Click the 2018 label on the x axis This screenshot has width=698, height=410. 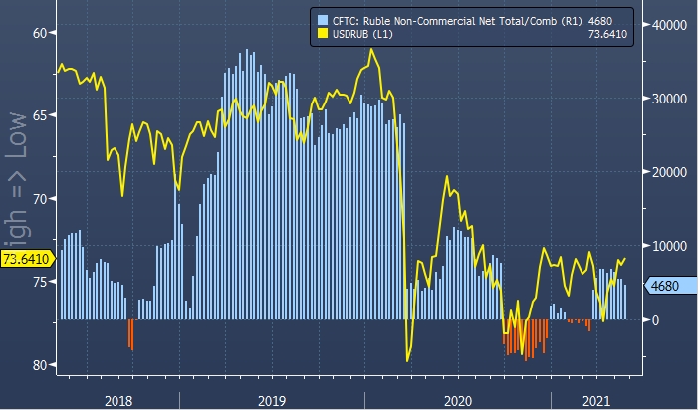point(118,399)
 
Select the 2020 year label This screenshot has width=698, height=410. point(457,399)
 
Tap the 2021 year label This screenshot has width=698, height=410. point(595,399)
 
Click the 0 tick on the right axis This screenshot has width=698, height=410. point(656,319)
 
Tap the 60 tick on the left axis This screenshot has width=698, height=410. point(40,33)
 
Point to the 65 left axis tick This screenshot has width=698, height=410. point(40,115)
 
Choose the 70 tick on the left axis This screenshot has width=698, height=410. point(40,199)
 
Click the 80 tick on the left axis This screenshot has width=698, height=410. point(40,365)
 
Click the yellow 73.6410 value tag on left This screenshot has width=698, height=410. point(27,260)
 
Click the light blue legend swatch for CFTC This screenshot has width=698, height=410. point(321,19)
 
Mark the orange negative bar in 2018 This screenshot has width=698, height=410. point(130,333)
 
